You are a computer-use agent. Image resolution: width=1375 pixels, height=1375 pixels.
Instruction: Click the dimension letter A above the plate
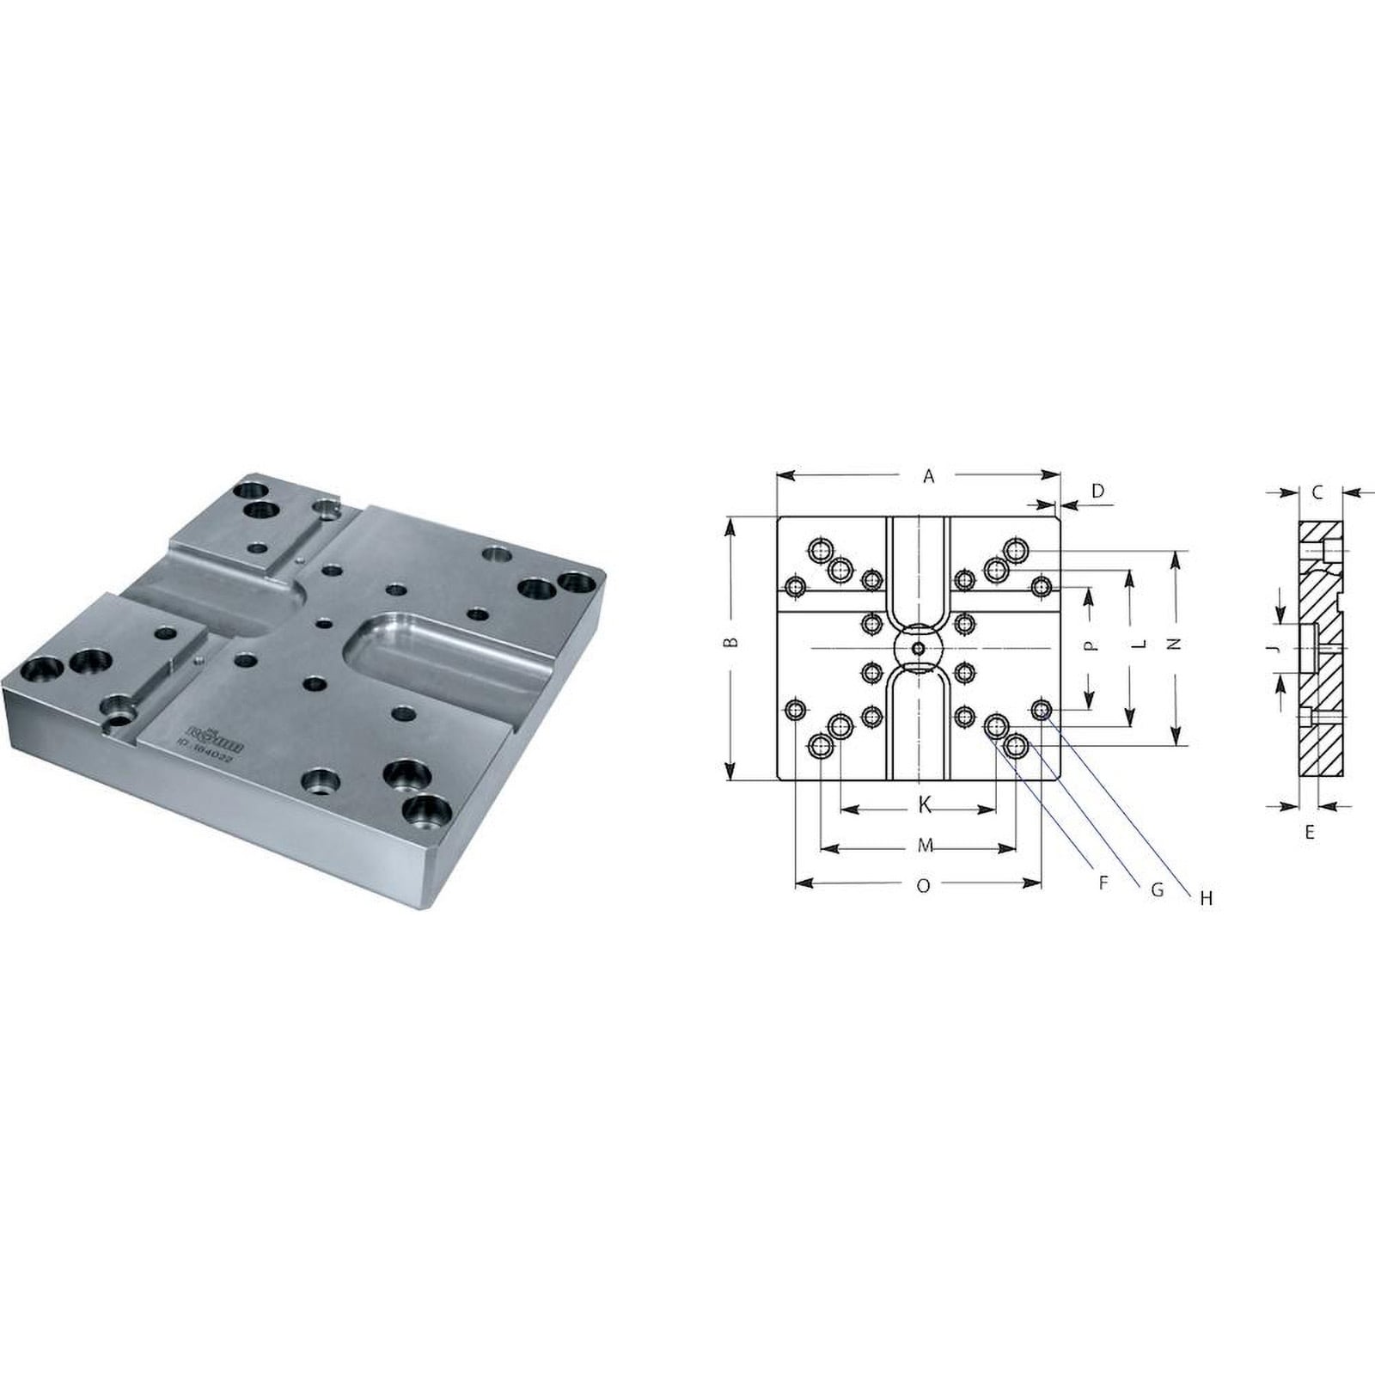[x=928, y=476]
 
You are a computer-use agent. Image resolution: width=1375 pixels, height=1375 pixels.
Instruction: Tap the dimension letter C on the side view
[x=1317, y=492]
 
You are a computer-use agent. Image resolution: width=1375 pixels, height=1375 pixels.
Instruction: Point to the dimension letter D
[x=1097, y=491]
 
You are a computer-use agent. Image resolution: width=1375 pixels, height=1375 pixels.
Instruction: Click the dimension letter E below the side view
[x=1309, y=832]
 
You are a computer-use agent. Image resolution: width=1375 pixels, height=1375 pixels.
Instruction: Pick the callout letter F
[x=1103, y=882]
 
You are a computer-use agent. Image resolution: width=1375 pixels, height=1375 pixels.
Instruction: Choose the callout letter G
[x=1157, y=890]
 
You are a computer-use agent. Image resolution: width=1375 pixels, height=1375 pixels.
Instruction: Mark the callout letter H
[x=1206, y=899]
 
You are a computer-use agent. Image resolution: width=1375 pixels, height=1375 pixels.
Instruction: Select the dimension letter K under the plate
[x=925, y=805]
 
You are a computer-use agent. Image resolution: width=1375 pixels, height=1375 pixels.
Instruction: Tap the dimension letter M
[x=925, y=846]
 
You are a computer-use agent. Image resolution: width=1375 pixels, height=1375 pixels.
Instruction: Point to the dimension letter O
[x=923, y=886]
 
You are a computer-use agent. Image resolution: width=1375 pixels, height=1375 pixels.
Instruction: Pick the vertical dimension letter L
[x=1139, y=643]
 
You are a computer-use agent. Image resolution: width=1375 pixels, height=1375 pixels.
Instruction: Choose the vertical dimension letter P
[x=1090, y=645]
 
